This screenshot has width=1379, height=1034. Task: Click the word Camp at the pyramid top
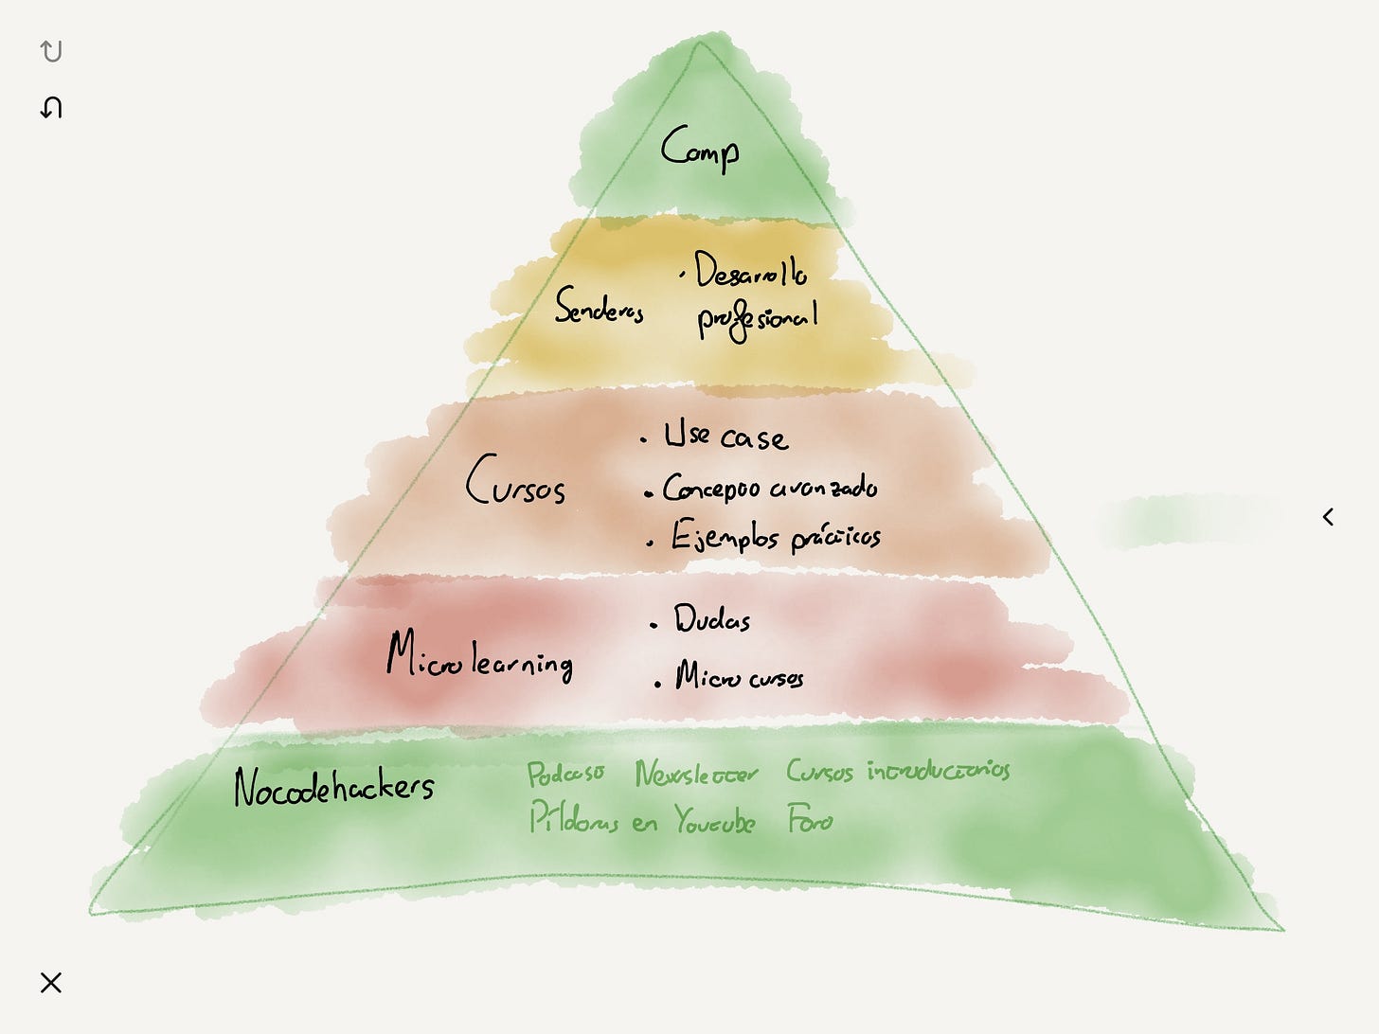[700, 150]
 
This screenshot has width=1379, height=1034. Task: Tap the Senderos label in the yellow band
[600, 307]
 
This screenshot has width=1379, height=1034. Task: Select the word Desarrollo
[750, 271]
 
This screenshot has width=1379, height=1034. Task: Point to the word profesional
[757, 320]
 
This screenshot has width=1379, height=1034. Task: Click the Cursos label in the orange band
[515, 481]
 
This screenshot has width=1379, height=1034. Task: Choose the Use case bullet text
[725, 437]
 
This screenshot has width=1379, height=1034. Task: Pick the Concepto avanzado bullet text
[769, 488]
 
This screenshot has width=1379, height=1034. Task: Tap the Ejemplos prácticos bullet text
[776, 537]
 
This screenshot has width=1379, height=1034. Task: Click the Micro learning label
[479, 656]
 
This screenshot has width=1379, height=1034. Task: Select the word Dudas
[711, 619]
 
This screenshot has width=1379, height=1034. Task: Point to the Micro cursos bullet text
[739, 677]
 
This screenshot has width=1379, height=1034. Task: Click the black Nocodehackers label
[333, 787]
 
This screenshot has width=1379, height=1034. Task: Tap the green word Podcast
[565, 775]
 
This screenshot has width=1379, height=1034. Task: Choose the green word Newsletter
[696, 775]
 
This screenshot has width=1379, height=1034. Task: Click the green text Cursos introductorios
[897, 771]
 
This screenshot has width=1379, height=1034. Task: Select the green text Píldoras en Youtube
[641, 819]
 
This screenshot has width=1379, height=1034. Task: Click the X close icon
[51, 983]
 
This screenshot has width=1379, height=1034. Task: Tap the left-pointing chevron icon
[1328, 517]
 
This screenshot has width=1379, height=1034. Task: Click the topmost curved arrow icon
[51, 51]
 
